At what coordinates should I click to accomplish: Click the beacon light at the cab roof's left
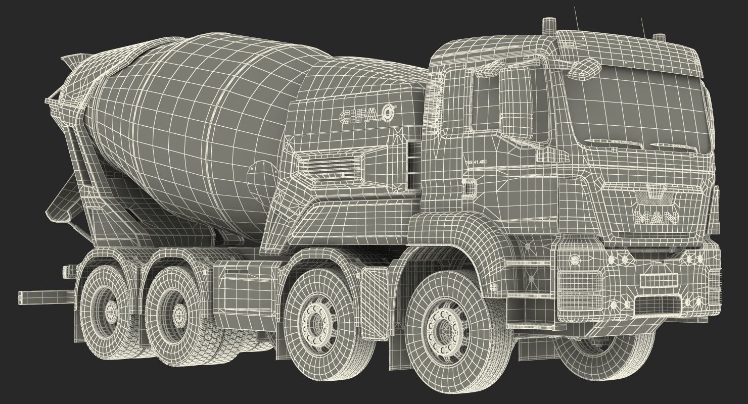point(548,26)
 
